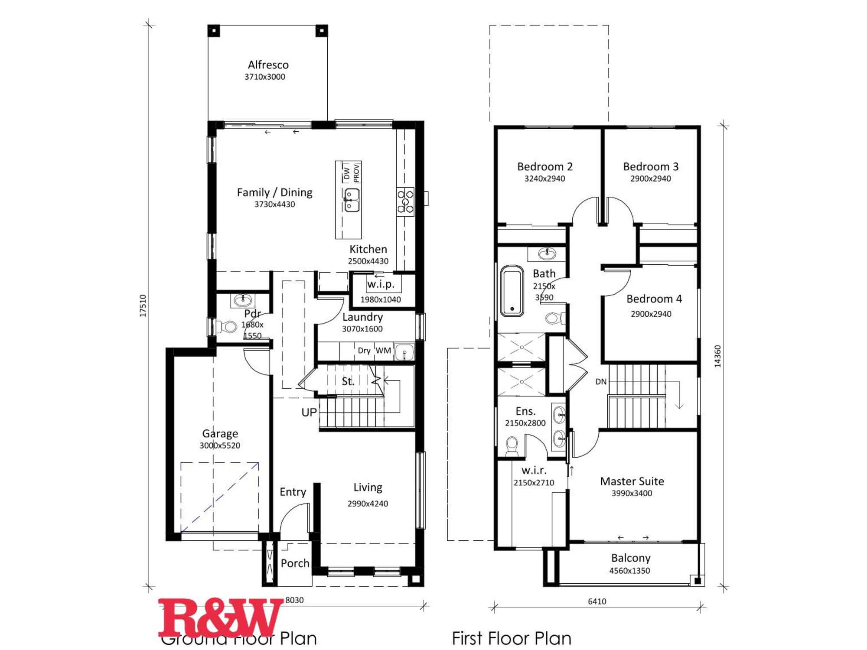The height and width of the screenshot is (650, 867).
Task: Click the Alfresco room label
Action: click(x=268, y=65)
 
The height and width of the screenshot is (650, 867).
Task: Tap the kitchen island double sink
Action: click(x=352, y=200)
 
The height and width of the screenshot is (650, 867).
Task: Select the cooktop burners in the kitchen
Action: click(x=405, y=202)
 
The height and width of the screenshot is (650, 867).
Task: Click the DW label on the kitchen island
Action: click(x=347, y=172)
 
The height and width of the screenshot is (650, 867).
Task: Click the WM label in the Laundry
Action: click(x=383, y=351)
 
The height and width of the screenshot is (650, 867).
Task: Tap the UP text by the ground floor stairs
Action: click(x=309, y=413)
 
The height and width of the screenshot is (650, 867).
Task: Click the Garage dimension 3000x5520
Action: click(x=220, y=445)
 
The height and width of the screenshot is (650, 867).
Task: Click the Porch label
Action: click(x=295, y=563)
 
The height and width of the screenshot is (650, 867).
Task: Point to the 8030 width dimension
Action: click(x=294, y=600)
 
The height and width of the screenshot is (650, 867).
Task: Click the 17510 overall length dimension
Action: click(x=143, y=305)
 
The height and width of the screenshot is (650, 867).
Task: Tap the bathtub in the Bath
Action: click(x=512, y=290)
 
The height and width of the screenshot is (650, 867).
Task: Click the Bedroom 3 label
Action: click(x=651, y=166)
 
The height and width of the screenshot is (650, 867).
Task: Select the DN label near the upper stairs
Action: click(x=601, y=382)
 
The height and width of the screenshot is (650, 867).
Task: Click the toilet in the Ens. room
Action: click(x=512, y=445)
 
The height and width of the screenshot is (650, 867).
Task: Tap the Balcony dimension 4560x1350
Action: click(x=629, y=571)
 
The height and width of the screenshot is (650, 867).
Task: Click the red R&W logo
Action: click(x=220, y=617)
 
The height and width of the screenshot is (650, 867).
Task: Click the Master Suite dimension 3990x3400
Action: click(x=632, y=493)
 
